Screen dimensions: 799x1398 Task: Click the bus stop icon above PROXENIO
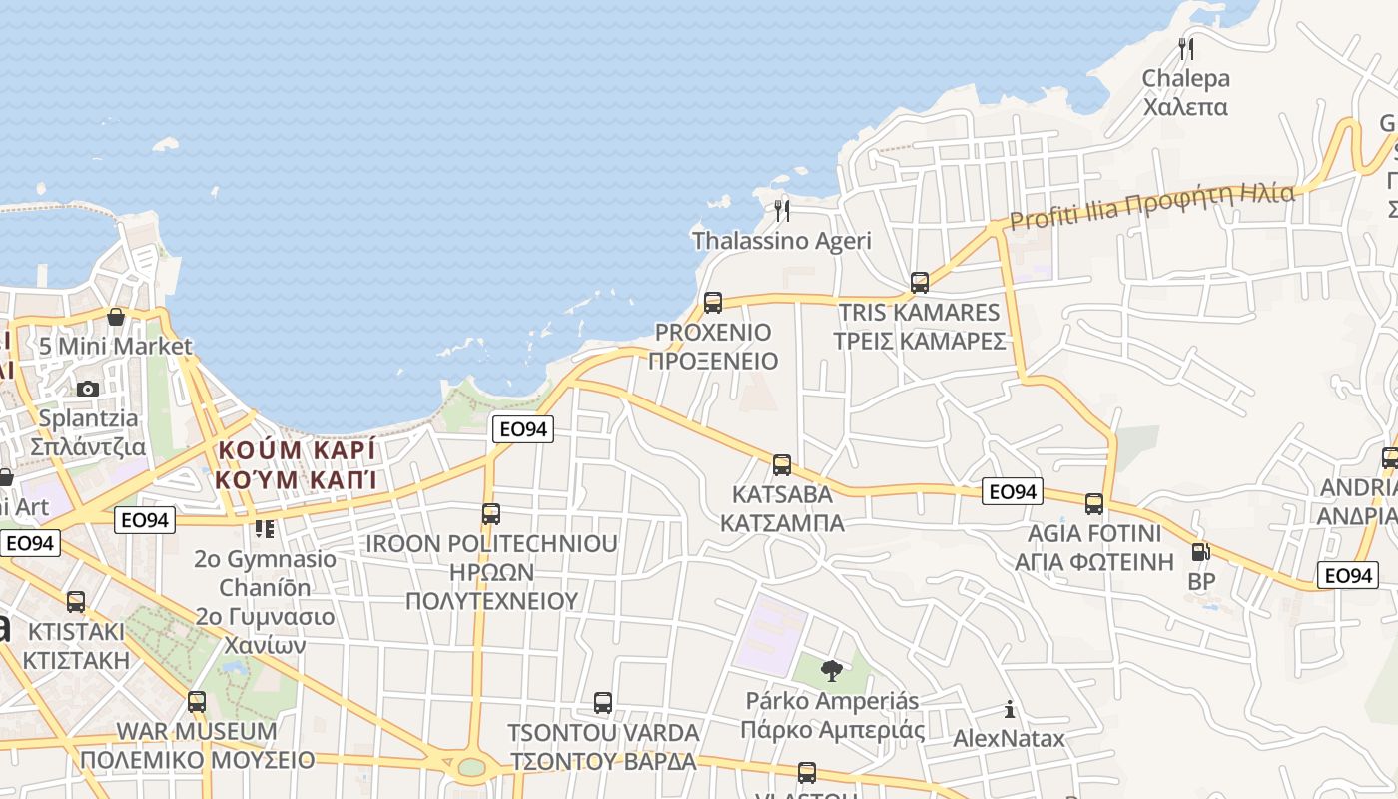tap(712, 302)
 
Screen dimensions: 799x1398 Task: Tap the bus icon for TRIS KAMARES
tap(920, 283)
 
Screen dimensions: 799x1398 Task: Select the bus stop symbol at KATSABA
tap(782, 464)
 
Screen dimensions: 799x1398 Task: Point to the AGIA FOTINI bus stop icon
tap(1094, 503)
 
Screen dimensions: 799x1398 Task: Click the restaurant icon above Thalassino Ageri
tap(782, 210)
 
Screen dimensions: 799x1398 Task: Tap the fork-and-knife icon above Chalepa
tap(1186, 48)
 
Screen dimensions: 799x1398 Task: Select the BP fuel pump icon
tap(1201, 551)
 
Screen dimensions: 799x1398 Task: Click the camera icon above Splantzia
tap(88, 389)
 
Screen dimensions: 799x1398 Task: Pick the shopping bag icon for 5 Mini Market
tap(116, 317)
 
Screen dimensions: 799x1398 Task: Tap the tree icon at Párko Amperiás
tap(830, 670)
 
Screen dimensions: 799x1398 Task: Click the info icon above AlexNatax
tap(1010, 709)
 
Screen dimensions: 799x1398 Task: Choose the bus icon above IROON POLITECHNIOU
tap(491, 514)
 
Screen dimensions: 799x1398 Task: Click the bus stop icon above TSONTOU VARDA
tap(603, 702)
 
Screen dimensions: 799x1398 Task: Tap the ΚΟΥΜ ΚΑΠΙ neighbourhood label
tap(297, 464)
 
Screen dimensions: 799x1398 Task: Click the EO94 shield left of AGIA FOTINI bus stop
tap(1013, 491)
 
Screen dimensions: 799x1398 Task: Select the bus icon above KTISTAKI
tap(76, 602)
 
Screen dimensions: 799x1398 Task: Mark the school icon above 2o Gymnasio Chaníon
tap(264, 528)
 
